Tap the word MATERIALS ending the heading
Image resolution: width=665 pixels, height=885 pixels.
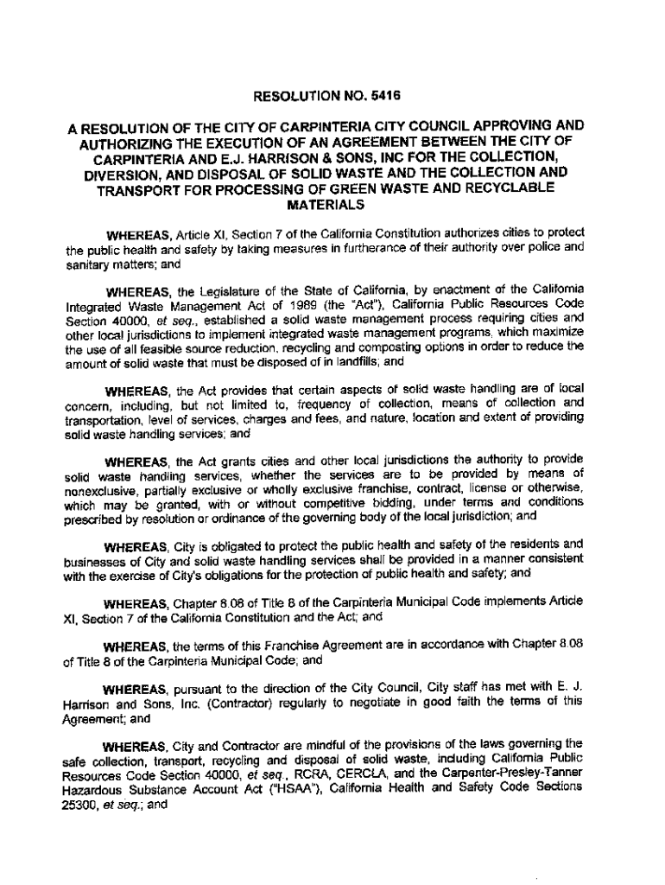coord(325,207)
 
